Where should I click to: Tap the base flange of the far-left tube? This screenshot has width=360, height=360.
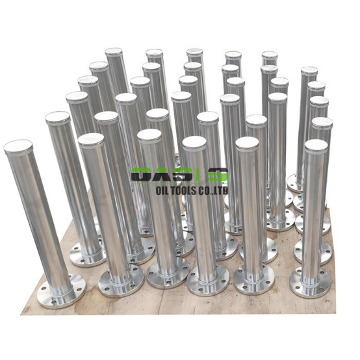coord(61,291)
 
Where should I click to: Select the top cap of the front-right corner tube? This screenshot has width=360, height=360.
coord(316,146)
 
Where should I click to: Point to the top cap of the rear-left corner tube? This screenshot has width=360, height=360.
coord(114,53)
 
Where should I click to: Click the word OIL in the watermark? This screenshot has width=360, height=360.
coord(162,190)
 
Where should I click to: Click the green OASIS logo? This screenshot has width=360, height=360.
coord(179,175)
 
